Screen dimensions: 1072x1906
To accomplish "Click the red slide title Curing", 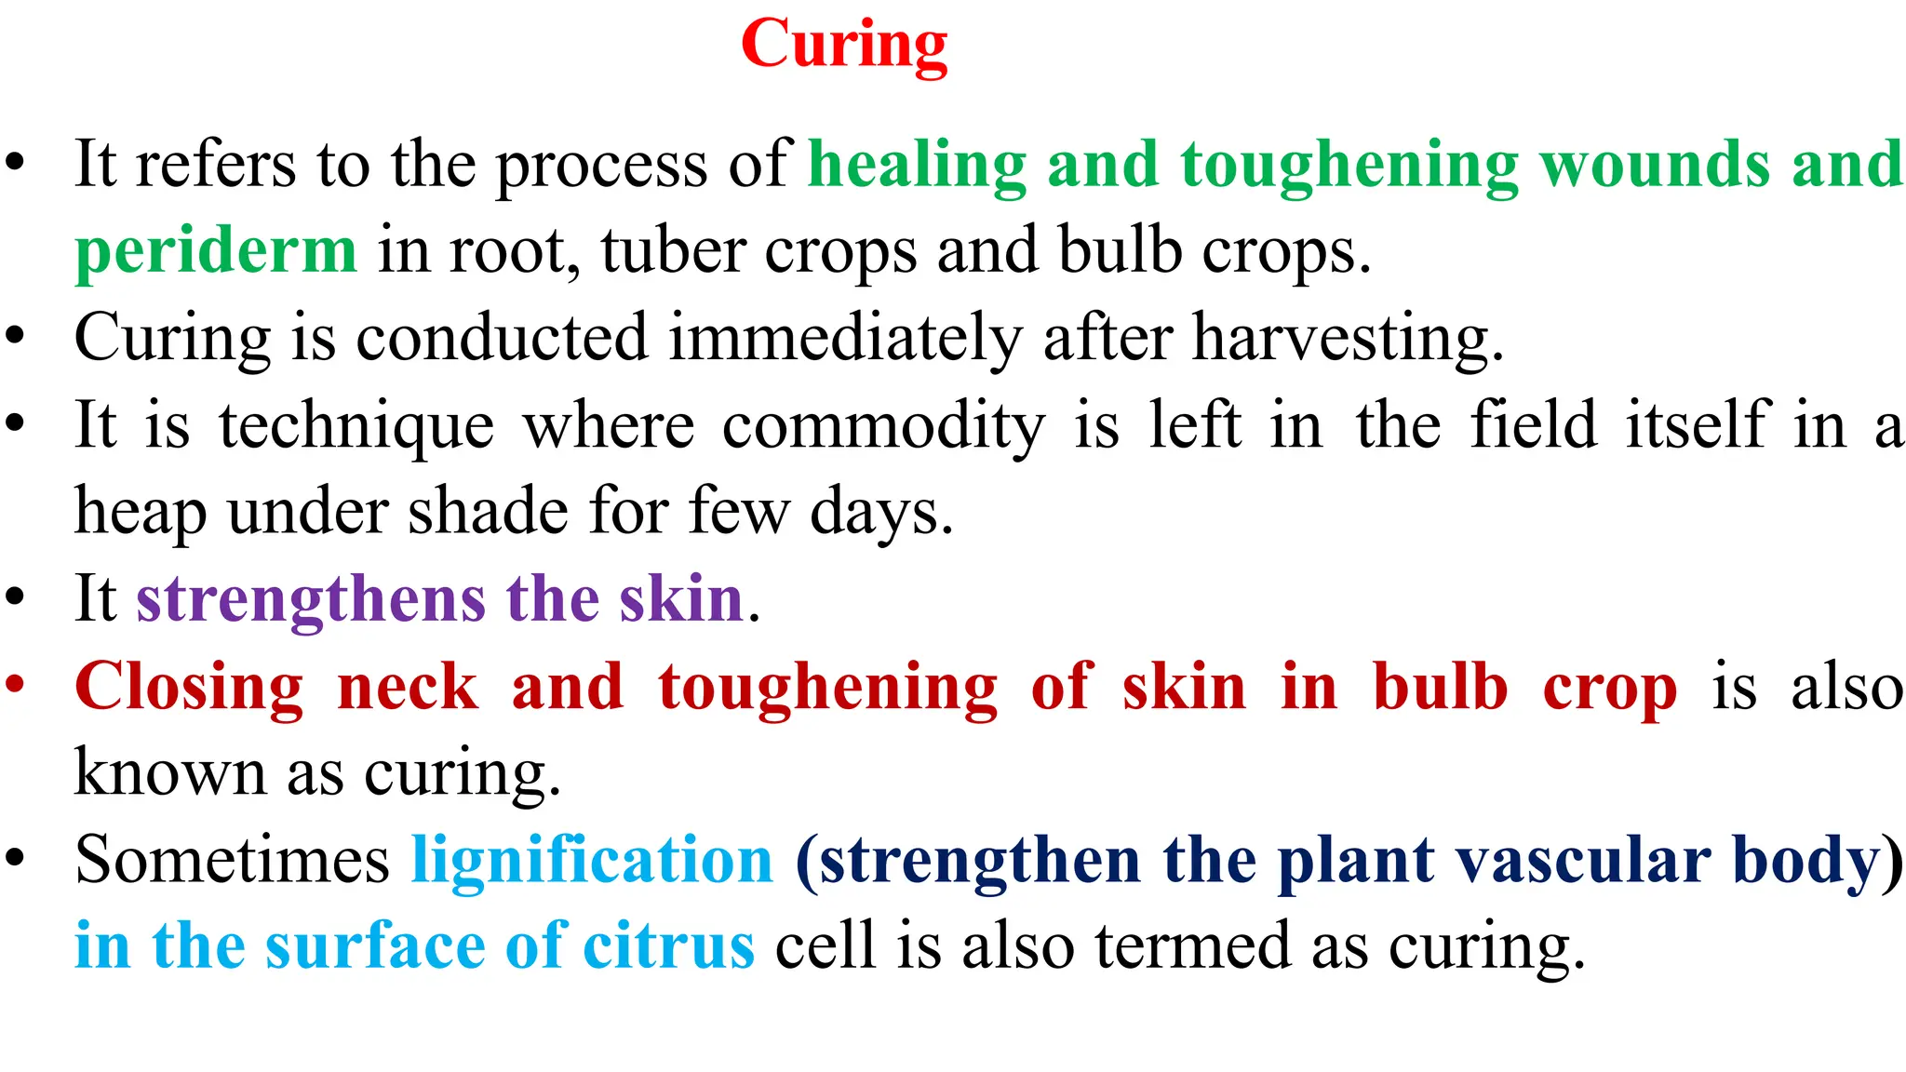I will pos(844,45).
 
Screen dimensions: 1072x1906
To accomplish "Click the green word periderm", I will pos(216,251).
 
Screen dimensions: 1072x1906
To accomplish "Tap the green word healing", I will pos(917,165).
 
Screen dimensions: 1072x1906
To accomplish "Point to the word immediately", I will pos(845,337).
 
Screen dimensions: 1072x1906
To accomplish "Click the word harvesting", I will pos(1348,339).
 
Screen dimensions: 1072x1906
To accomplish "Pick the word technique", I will pos(356,426).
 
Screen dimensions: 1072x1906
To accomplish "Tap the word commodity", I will pos(883,426).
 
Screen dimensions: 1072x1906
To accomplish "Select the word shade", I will pos(488,512).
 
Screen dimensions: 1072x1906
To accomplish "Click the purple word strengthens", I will pos(311,599).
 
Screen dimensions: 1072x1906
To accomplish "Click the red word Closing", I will pos(189,688).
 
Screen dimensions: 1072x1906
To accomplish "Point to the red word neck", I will pos(408,688).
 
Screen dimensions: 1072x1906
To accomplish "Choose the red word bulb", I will pos(1440,688).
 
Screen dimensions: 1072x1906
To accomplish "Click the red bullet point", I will pos(15,684).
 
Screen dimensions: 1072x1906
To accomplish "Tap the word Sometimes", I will pos(232,859).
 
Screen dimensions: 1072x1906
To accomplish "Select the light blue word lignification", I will pos(592,859).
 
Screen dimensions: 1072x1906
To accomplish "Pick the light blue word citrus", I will pos(668,945).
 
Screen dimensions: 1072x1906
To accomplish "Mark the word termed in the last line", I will pos(1192,945).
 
